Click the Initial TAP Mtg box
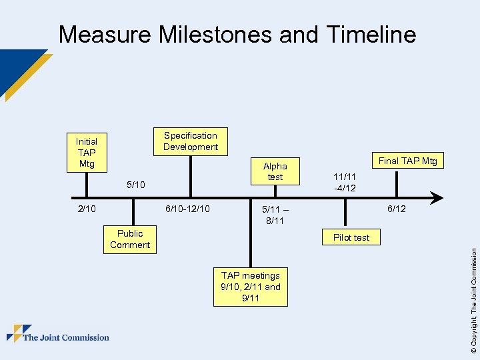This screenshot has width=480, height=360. coord(87,153)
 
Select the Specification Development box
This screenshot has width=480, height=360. coord(191,141)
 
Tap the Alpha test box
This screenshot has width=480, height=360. coord(275,171)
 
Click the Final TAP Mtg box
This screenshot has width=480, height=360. coord(407,160)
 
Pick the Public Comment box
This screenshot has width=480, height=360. coord(130,239)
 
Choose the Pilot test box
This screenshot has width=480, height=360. coord(351,237)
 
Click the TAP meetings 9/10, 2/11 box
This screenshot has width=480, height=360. coord(251,287)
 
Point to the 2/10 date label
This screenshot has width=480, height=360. coord(87,209)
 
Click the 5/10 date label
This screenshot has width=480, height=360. coord(135,184)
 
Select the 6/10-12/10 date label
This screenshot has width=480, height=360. coord(187,209)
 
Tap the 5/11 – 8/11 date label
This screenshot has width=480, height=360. coord(275,215)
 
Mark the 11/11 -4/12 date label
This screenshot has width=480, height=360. coord(345,183)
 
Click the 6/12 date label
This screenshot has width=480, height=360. coord(397,209)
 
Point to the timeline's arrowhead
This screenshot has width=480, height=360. coord(437,198)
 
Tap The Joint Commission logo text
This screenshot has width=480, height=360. coord(66,337)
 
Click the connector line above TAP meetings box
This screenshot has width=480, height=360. coord(251,233)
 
